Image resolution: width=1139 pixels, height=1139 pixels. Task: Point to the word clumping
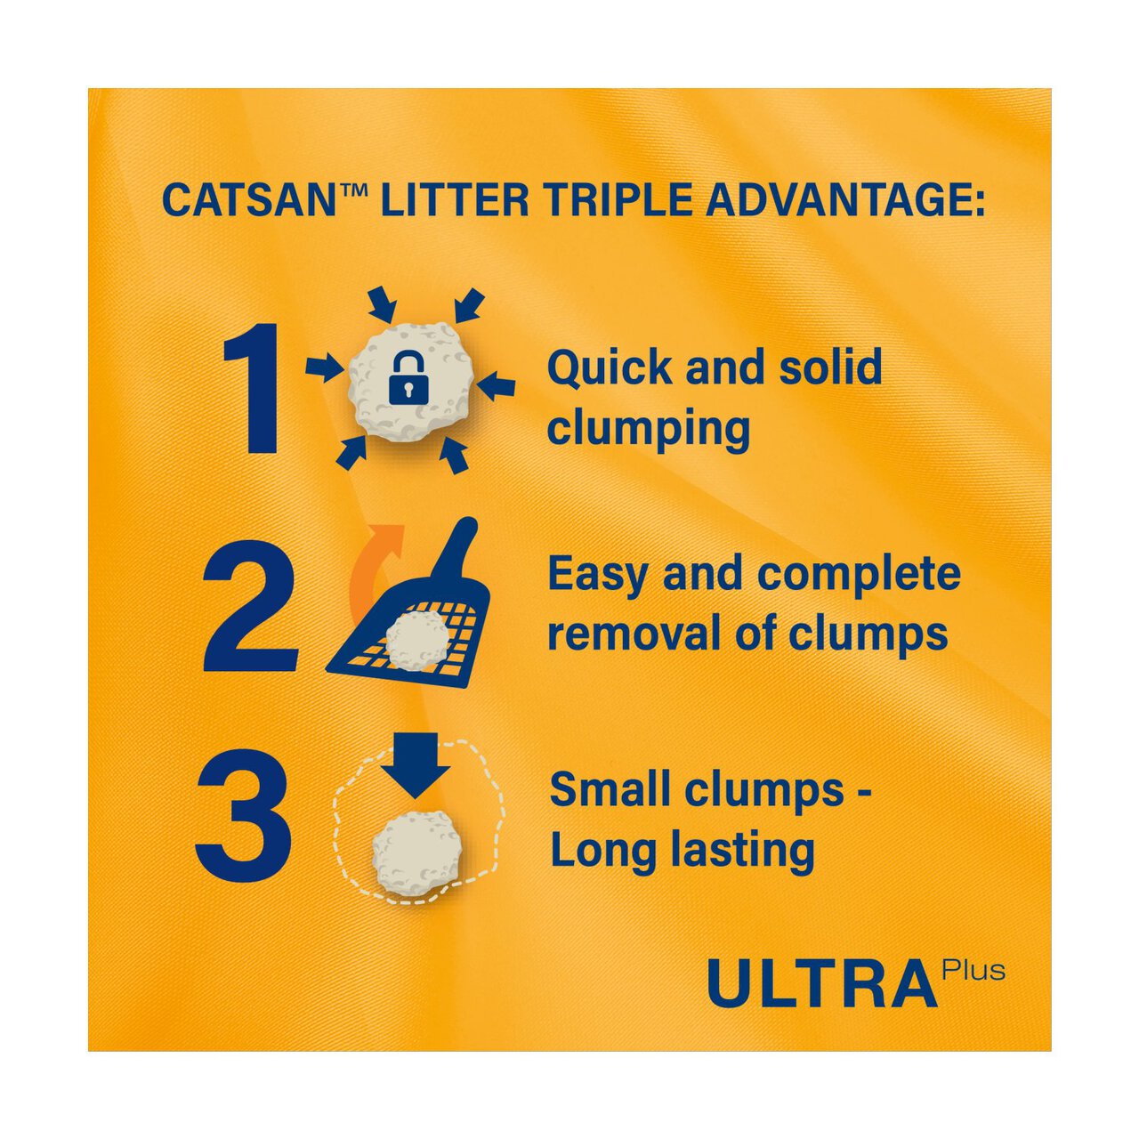click(x=649, y=429)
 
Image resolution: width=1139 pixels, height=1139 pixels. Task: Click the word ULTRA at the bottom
click(x=823, y=983)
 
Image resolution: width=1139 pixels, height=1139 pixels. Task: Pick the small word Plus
click(x=975, y=969)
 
